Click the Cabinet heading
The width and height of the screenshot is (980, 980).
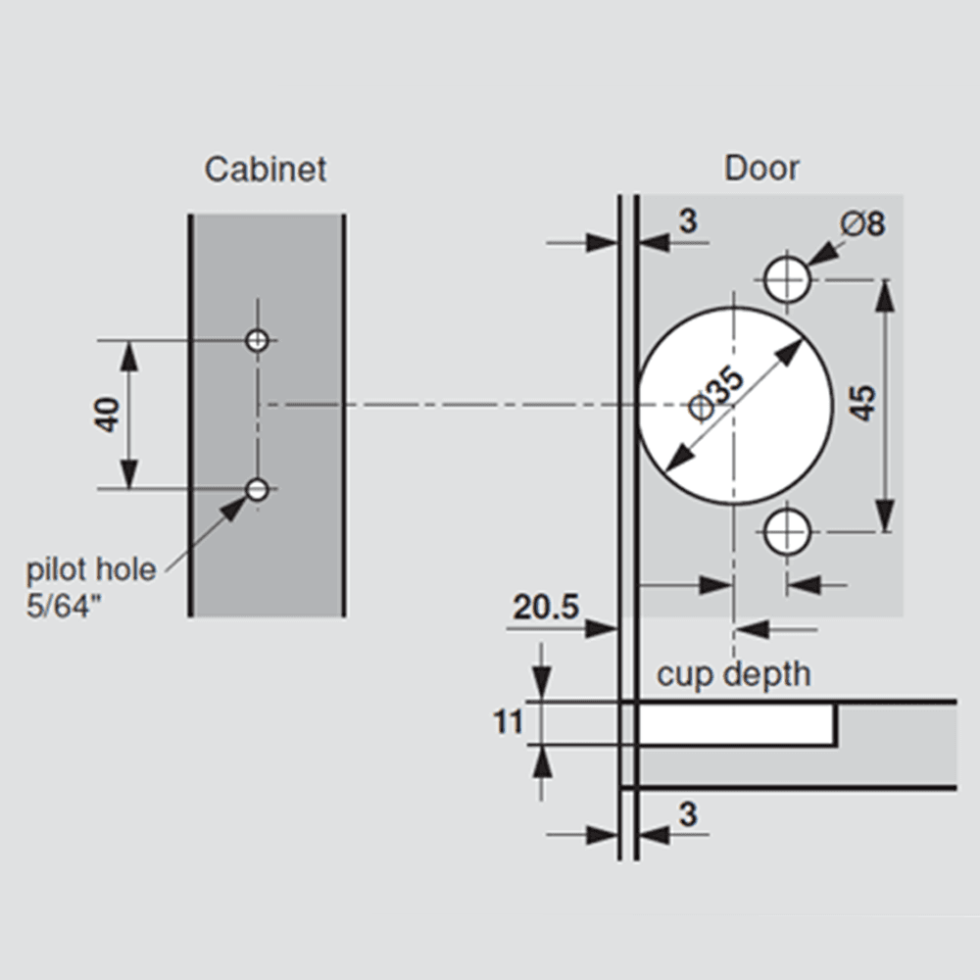[x=265, y=170]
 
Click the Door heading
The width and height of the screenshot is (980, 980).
[x=761, y=169]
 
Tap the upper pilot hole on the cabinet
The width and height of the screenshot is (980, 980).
[x=258, y=341]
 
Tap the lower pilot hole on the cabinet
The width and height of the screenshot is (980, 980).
[x=258, y=489]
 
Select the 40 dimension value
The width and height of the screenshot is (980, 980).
[x=108, y=415]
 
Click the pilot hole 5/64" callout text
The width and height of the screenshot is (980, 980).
[x=90, y=587]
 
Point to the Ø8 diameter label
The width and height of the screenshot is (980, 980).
[x=862, y=223]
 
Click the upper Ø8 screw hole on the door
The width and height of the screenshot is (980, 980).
[x=787, y=278]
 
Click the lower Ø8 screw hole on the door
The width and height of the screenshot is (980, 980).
[x=787, y=532]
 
